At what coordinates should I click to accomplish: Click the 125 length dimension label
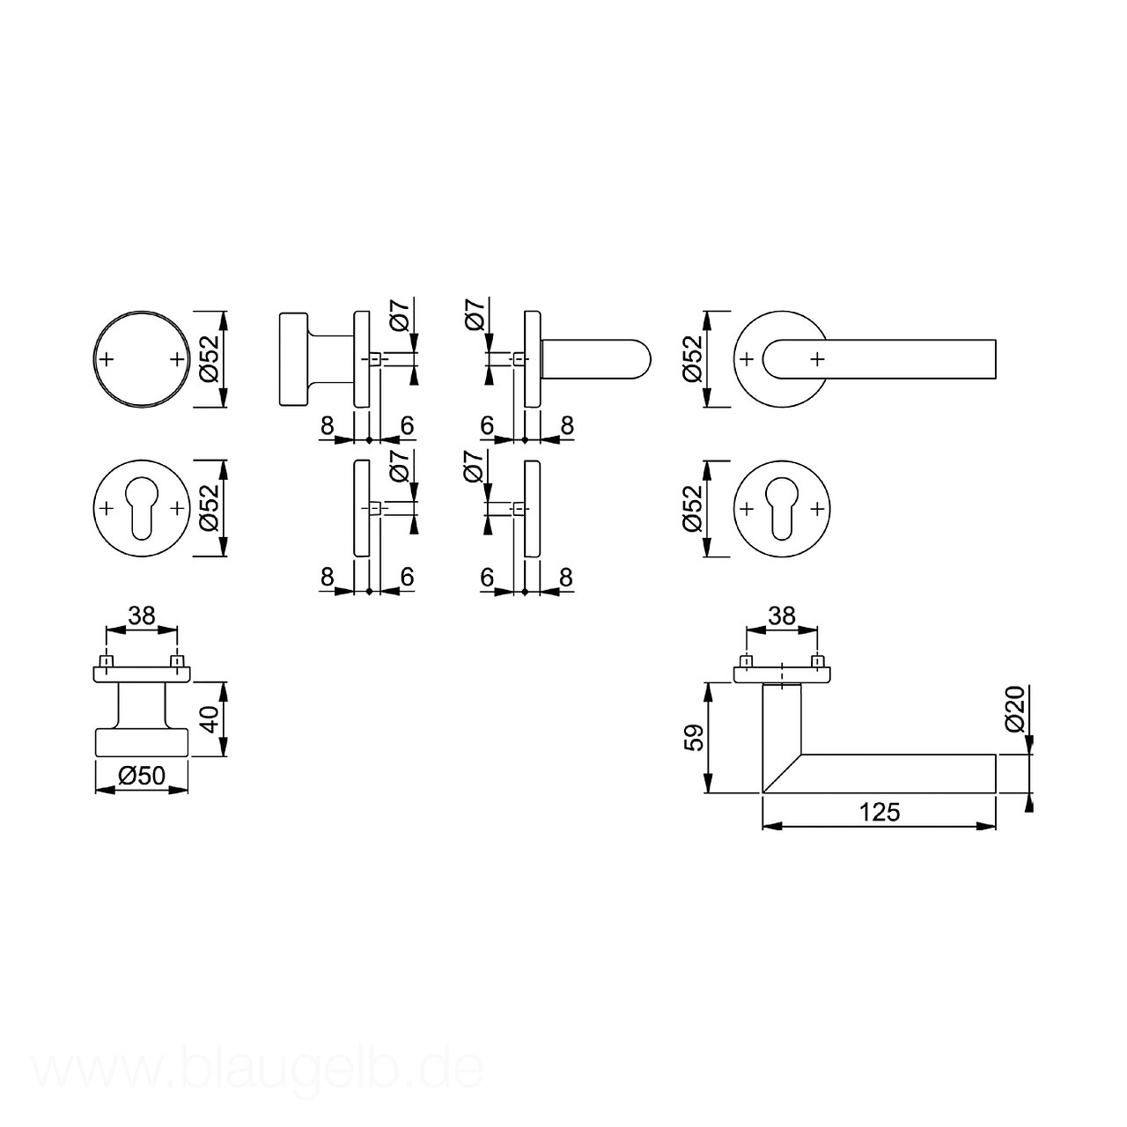coord(880,813)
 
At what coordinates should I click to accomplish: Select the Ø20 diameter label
coord(1016,709)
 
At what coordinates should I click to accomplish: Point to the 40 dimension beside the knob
coord(210,718)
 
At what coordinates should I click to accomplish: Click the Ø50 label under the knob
coord(142,776)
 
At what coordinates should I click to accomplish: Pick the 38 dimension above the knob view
coord(142,615)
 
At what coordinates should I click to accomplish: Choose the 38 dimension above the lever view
coord(782,615)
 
